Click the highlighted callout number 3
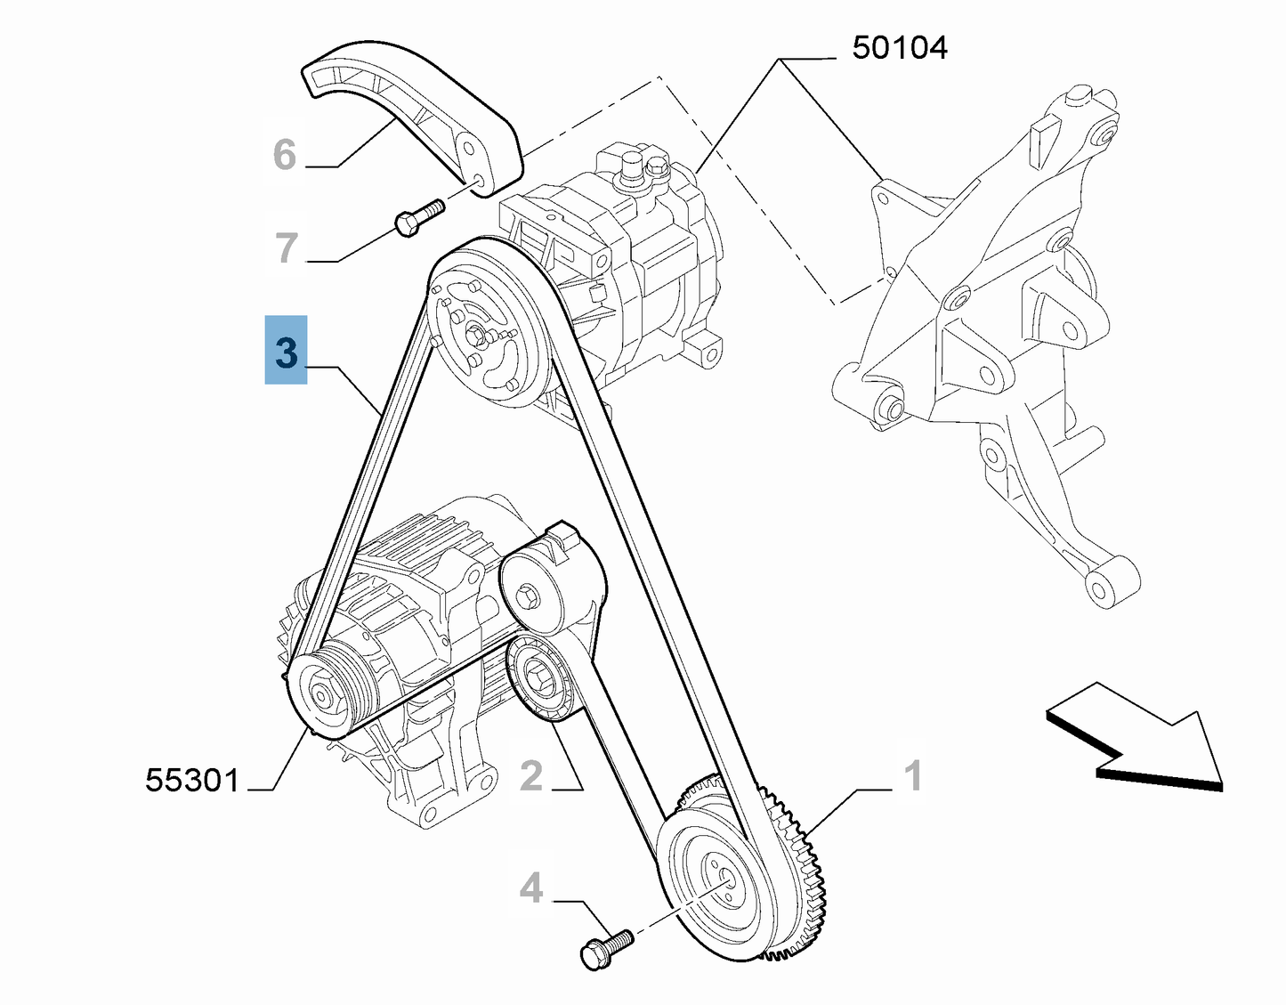[286, 351]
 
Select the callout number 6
[285, 155]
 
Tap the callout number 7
[286, 247]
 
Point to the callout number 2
[531, 776]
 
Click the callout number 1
[913, 776]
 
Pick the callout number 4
[531, 887]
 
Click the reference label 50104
[899, 47]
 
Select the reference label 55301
[193, 781]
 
